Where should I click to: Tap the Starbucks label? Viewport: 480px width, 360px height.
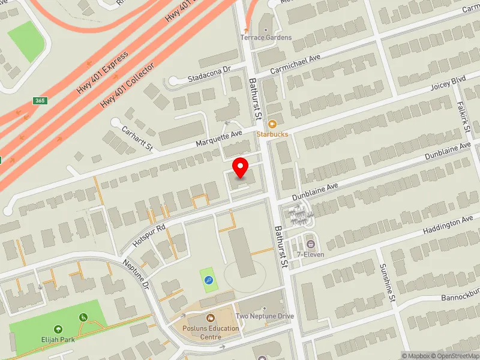coord(272,134)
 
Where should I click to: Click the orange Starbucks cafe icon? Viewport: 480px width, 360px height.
coord(272,124)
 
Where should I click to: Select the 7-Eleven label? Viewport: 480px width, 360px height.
coord(310,254)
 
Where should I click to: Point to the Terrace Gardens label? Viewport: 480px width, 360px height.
coord(266,37)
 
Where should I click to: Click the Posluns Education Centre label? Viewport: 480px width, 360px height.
coord(211,332)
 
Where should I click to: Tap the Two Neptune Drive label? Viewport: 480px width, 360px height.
coord(265,316)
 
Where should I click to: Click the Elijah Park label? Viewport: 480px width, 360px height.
coord(58,340)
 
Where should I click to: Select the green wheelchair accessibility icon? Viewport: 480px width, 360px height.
coord(83,317)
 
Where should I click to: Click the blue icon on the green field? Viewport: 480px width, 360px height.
coord(208,280)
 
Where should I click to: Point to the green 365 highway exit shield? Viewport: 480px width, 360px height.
coord(39,101)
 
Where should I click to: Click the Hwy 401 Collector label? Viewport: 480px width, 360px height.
coord(127,85)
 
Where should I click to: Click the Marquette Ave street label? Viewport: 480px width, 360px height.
coord(219,139)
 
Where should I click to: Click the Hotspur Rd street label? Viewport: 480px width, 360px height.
coord(149,234)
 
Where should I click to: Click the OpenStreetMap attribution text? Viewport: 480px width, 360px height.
coord(455,356)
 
